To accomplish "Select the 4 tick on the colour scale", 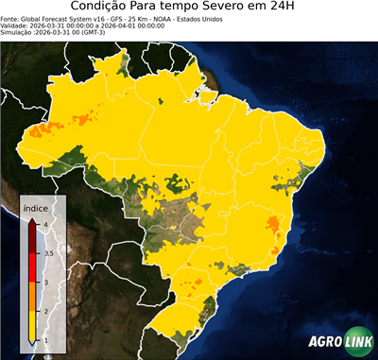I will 45,222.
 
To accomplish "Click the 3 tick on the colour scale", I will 45,282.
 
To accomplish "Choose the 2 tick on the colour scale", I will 45,311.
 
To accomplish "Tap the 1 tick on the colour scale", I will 45,340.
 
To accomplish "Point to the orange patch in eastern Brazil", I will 274,224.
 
